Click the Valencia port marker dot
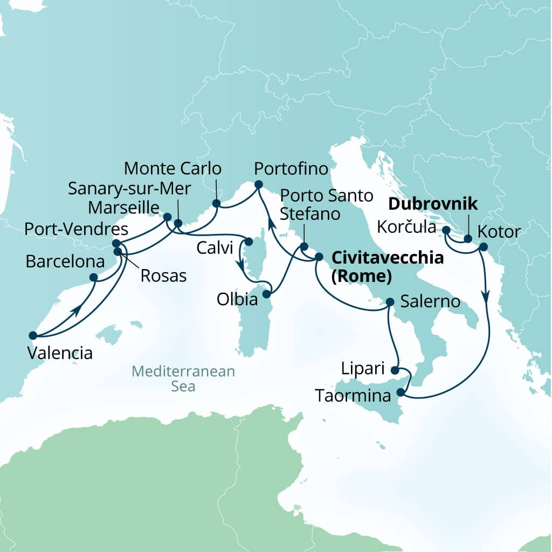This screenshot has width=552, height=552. (32, 335)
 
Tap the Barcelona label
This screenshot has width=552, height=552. (65, 263)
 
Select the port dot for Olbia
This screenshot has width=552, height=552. (266, 295)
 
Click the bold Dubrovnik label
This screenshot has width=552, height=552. (433, 204)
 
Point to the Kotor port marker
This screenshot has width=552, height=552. (482, 247)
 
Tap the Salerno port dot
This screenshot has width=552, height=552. (390, 303)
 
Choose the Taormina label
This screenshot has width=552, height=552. (353, 396)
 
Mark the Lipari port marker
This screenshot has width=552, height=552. (395, 370)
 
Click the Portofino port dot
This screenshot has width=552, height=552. (258, 185)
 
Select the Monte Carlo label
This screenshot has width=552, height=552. (172, 169)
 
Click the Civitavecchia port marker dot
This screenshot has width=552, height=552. (319, 257)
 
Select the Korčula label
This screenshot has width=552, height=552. (406, 227)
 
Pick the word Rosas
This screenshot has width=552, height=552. (163, 276)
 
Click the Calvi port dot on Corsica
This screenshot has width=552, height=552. (249, 241)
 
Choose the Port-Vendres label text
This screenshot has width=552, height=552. (76, 229)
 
